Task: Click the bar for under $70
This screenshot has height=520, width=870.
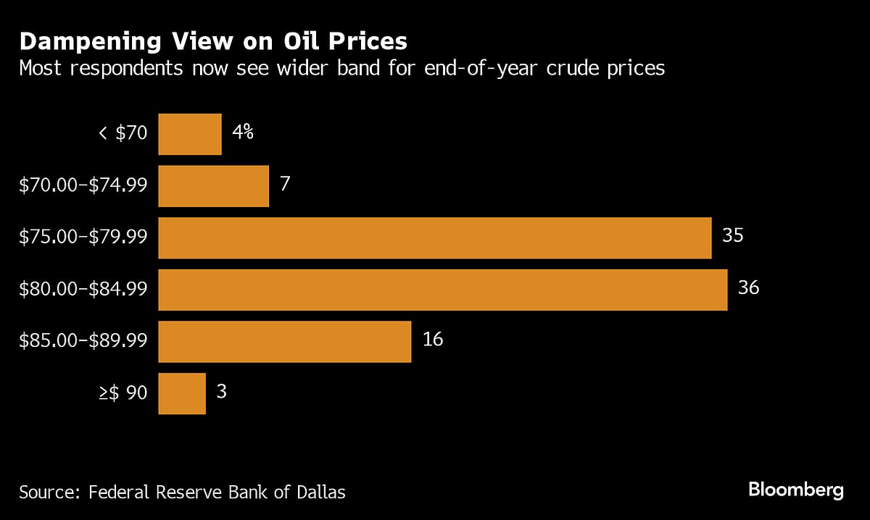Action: click(x=189, y=134)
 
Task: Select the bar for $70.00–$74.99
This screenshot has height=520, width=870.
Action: click(x=213, y=186)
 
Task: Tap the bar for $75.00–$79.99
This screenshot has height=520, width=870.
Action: click(x=434, y=238)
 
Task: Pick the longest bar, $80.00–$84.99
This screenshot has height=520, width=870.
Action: click(x=442, y=290)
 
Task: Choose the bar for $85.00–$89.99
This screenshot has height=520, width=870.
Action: click(x=284, y=341)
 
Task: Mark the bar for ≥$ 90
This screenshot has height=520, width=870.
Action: click(x=181, y=393)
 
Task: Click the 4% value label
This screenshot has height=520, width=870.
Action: click(x=243, y=133)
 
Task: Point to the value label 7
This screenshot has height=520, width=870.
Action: click(x=285, y=184)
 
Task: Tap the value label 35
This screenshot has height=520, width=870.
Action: click(x=733, y=236)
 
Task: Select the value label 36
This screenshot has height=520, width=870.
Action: click(x=748, y=288)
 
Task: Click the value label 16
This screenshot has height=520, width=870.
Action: click(x=432, y=340)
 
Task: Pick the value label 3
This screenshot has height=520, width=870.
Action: click(x=221, y=392)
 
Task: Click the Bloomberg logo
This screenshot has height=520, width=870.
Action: click(x=796, y=490)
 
